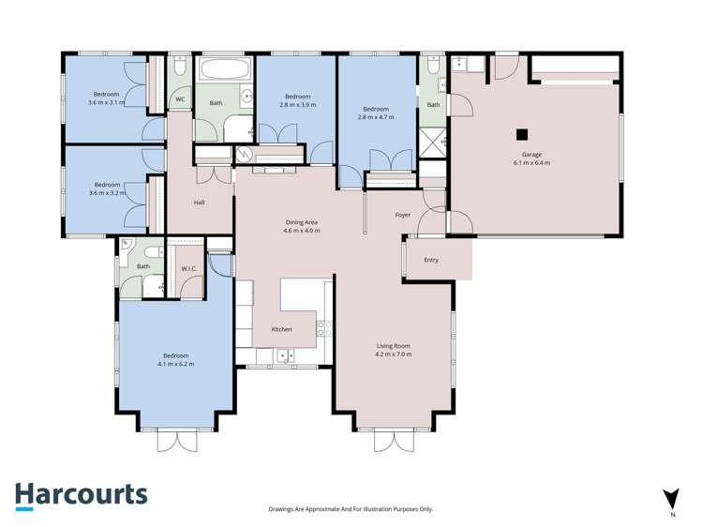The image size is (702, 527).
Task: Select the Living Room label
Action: (393, 350)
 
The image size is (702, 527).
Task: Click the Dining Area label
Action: (302, 226)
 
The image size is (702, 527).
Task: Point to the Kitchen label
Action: (281, 329)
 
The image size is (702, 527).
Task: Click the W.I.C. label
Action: (188, 268)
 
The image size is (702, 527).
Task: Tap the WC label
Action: (179, 98)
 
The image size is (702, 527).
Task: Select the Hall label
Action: (199, 203)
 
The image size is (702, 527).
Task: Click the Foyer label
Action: (402, 215)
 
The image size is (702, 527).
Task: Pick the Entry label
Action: (431, 260)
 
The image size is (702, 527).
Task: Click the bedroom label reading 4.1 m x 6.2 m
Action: (176, 359)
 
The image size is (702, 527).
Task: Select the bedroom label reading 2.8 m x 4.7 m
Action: (375, 113)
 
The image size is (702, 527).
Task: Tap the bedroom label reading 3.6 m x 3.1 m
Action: (106, 98)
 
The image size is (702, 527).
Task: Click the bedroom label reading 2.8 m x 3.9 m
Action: (297, 101)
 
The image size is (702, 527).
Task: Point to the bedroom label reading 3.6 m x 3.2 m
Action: (106, 189)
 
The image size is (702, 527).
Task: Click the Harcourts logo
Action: (81, 494)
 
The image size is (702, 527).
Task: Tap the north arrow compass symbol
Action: (671, 499)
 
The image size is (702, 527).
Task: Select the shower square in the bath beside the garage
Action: (433, 143)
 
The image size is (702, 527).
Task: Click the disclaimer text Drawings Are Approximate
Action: (351, 509)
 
